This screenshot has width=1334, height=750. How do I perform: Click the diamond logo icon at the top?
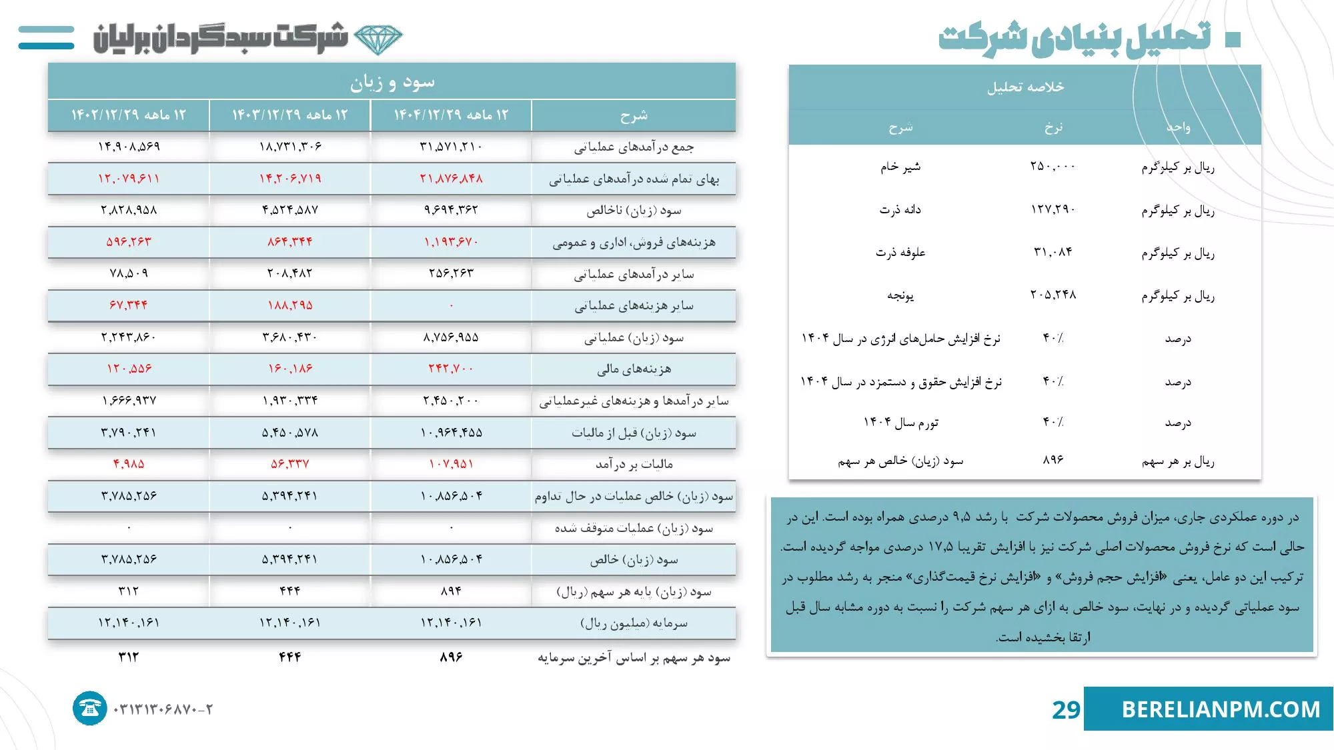[x=378, y=39]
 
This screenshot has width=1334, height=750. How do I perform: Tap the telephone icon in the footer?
[x=89, y=708]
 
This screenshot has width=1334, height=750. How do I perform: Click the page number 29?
[x=1065, y=709]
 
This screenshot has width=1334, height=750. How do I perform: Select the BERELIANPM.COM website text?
[x=1221, y=709]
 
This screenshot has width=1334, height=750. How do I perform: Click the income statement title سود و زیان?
[x=392, y=82]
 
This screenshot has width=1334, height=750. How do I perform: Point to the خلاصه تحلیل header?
[x=1025, y=87]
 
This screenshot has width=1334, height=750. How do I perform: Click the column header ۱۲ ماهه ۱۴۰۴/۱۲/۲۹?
[x=451, y=115]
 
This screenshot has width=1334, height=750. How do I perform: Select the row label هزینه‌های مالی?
[x=634, y=369]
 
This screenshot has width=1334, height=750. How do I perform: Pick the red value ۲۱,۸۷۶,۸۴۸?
[x=451, y=179]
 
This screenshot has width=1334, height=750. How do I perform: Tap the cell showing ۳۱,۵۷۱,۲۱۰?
[x=451, y=147]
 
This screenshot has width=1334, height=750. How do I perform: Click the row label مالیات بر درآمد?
[x=634, y=464]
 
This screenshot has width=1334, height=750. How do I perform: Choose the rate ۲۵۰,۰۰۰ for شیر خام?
[x=1053, y=166]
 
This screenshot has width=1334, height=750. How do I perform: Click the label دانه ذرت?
[x=900, y=209]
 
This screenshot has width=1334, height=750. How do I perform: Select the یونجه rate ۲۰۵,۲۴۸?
[x=1053, y=295]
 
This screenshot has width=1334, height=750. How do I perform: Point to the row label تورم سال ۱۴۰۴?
[x=900, y=423]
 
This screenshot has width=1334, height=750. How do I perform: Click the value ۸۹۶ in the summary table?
[x=1053, y=460]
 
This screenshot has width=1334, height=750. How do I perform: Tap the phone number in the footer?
[x=163, y=709]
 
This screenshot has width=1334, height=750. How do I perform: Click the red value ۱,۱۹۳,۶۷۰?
[x=451, y=242]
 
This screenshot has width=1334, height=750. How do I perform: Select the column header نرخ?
[x=1053, y=127]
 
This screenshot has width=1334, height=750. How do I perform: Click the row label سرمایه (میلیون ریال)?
[x=634, y=623]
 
